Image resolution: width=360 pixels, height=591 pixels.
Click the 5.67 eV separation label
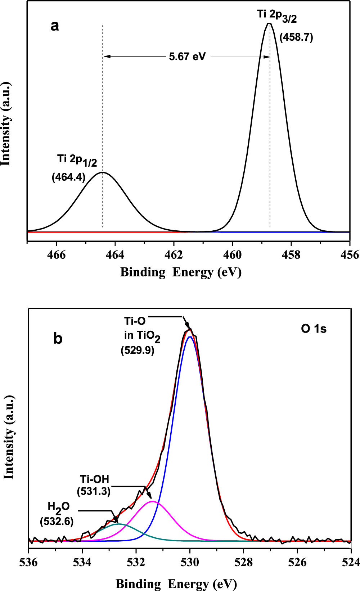[187, 57]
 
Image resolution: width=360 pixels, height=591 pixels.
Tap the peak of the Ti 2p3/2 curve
[269, 24]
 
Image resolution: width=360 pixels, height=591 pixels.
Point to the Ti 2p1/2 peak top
[103, 172]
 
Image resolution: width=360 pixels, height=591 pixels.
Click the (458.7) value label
[296, 37]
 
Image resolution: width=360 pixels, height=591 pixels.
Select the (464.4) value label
[69, 177]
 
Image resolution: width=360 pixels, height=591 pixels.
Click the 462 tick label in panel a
[174, 255]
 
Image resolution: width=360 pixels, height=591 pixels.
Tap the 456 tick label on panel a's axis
[350, 255]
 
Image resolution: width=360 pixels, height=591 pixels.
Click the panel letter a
[55, 26]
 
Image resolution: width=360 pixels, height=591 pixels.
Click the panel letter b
[58, 339]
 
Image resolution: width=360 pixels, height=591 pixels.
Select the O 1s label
[314, 329]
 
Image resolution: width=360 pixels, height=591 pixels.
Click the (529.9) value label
[138, 350]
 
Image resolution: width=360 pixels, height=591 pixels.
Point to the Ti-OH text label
[94, 479]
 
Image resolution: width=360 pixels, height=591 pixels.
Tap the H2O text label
[58, 507]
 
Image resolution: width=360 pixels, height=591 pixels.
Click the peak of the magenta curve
[153, 501]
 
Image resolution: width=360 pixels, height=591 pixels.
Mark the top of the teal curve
[119, 524]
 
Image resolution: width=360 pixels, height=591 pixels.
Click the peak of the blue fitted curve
[190, 337]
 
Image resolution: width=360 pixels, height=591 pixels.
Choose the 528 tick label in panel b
[244, 563]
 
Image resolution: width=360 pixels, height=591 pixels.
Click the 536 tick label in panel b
[28, 563]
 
